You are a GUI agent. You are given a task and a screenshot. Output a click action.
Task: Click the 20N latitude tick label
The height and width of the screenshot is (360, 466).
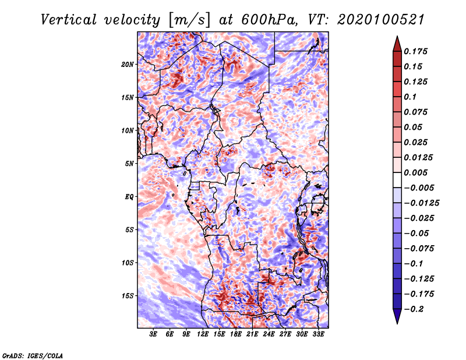[128, 65]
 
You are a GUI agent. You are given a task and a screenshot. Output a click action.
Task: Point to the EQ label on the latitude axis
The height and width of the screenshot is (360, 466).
[129, 197]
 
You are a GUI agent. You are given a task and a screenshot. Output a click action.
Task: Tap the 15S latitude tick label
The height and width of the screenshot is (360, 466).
[128, 296]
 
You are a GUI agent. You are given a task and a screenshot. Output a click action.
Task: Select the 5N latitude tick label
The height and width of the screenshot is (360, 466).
[129, 164]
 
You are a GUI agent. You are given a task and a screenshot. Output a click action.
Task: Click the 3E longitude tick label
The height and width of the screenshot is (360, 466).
[153, 334]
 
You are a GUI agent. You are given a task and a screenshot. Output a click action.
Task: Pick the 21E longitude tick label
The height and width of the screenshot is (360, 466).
[252, 334]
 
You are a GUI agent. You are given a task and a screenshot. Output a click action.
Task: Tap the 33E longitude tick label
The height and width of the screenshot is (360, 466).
[318, 334]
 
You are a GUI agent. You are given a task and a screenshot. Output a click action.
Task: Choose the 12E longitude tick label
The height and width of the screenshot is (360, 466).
[203, 334]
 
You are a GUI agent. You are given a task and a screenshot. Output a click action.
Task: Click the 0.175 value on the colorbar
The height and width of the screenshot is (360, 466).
[416, 51]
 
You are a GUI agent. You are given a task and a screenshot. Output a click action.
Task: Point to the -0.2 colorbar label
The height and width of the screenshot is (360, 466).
[414, 309]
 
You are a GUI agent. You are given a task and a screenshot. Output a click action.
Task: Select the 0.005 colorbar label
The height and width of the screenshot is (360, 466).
[416, 172]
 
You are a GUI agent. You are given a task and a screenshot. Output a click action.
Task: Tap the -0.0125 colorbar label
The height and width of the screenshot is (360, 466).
[421, 203]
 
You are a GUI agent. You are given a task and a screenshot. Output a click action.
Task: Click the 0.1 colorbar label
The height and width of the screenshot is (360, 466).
[410, 97]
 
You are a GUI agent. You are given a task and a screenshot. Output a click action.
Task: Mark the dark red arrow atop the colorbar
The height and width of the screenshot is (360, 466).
[397, 44]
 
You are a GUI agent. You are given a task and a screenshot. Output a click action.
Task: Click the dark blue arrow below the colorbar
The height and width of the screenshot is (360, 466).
[397, 316]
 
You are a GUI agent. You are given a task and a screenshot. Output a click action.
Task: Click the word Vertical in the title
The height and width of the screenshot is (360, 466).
[69, 20]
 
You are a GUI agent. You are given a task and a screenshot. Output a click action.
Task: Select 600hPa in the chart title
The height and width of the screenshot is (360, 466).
[269, 20]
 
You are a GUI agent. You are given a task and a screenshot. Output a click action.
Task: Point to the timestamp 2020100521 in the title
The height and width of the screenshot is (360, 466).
[381, 20]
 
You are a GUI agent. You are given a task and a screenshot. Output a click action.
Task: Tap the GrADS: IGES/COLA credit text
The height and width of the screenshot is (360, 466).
[33, 355]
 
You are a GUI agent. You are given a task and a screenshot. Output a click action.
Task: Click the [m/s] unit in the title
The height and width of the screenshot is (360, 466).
[189, 20]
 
